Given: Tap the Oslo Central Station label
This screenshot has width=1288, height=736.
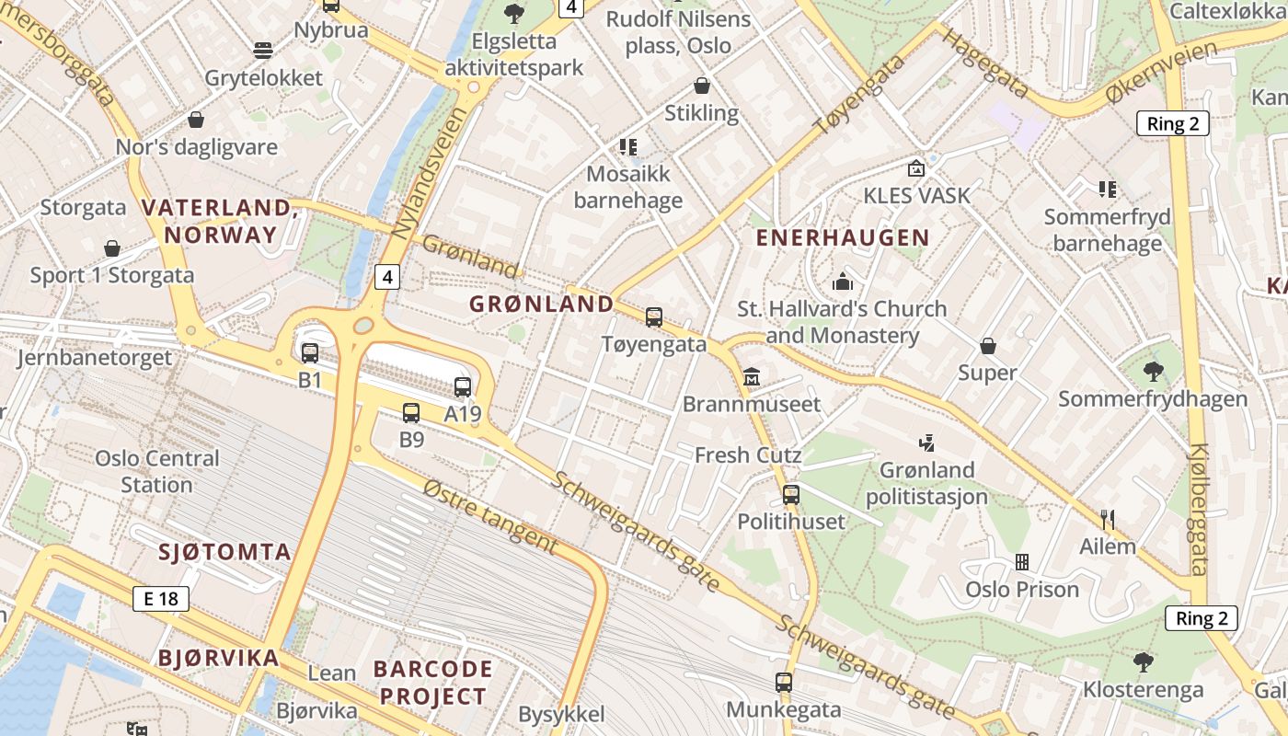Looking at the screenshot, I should pos(157,471).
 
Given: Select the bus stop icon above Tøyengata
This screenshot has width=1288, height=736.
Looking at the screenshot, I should pos(654,317).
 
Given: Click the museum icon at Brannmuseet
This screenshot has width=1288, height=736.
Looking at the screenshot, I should pos(752,377).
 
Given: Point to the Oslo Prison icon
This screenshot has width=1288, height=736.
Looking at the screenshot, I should pos(1021,561).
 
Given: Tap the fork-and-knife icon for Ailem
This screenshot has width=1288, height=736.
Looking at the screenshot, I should pos(1108,520).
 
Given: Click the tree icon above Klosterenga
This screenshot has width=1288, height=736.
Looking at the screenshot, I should pos(1144,661).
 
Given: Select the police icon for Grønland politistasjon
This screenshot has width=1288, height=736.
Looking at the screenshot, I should pos(926,443).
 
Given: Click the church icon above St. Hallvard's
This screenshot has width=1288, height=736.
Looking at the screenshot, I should pos(842,282).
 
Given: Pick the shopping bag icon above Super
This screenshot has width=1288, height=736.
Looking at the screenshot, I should pos(987,346).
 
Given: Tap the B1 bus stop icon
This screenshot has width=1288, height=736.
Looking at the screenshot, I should pos(310,352).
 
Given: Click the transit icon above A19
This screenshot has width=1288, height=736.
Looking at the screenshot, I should pos(463,387).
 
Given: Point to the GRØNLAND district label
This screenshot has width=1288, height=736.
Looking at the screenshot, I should pos(541,304).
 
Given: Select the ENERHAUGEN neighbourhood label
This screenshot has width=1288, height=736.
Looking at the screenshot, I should pos(843,237).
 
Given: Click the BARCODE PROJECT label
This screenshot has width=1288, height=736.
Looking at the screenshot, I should pos(432,682).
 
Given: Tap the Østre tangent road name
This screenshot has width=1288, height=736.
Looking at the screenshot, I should pos(491,517).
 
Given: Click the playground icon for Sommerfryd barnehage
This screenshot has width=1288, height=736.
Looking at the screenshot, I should pos(1108,190).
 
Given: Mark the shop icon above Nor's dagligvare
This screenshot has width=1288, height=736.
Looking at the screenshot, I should pos(196,120).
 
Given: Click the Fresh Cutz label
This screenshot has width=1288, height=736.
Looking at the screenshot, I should pos(748,454).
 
